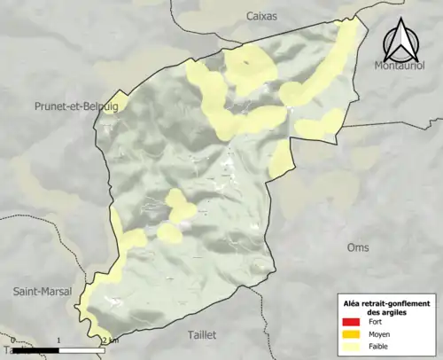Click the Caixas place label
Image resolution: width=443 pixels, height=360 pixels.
pos(260,16)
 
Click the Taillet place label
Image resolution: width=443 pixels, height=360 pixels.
pos(208,335)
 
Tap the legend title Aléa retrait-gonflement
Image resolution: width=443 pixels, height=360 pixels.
pos(386,304)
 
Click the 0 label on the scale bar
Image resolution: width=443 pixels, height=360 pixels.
pos(13,340)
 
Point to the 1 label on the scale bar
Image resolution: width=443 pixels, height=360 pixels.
pos(58,340)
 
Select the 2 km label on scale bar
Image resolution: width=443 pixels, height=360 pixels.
pos(109,340)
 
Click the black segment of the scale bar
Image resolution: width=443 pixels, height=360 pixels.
pos(36,350)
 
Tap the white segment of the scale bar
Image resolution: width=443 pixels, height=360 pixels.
pos(82,350)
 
